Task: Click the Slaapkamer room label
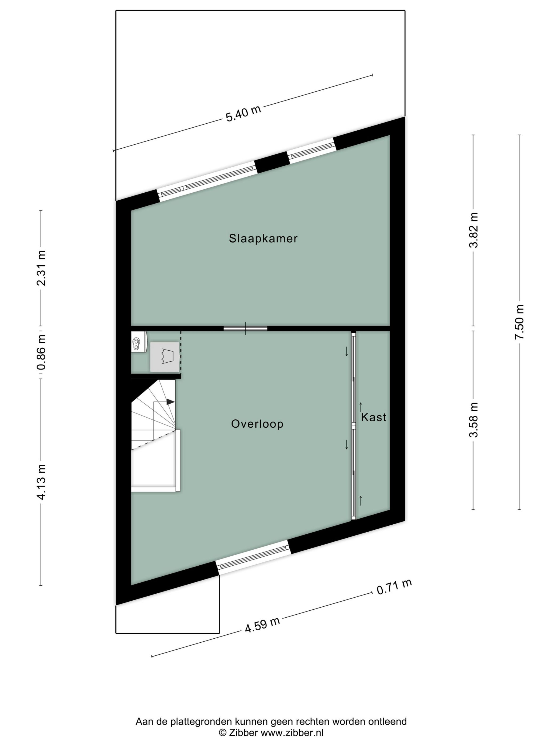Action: point(263,238)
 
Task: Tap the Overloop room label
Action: point(257,424)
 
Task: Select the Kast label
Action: point(373,417)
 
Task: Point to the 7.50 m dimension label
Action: point(519,322)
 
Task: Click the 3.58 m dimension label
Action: point(473,420)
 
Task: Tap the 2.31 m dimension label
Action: point(41,268)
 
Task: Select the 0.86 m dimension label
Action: point(41,352)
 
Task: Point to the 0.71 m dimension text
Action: point(394,587)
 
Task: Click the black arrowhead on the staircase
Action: point(170,402)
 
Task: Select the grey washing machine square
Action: point(164,357)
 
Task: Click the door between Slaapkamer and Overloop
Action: point(245,328)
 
